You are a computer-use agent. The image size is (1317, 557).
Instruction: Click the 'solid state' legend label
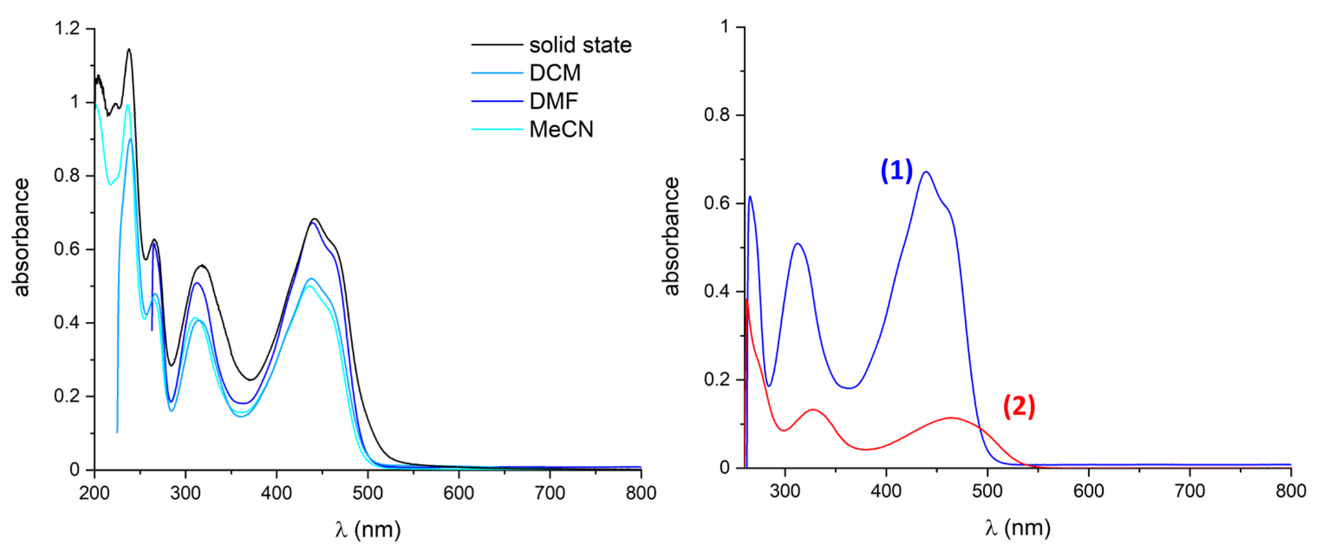point(580,45)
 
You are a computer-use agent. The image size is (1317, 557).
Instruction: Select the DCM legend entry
point(555,73)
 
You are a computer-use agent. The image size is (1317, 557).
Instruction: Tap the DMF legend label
point(553,101)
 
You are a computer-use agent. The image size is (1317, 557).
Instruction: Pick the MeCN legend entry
point(561,129)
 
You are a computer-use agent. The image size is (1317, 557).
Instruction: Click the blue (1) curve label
point(896,171)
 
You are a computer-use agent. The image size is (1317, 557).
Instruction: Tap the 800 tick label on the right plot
point(1291,491)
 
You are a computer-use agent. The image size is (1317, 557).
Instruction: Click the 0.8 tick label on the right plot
point(716,115)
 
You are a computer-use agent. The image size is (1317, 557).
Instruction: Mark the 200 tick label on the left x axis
point(94,493)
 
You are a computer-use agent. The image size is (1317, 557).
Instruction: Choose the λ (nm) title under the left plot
point(368,529)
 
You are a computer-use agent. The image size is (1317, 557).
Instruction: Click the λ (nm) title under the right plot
point(1017,528)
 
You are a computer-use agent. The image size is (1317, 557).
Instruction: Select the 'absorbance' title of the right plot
point(671,236)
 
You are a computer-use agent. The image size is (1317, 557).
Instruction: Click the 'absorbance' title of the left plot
point(22,237)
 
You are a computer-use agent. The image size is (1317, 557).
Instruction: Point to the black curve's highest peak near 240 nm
point(129,49)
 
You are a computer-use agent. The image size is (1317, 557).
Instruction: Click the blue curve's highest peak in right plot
point(926,172)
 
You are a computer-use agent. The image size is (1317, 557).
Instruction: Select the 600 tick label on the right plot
point(1088,491)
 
